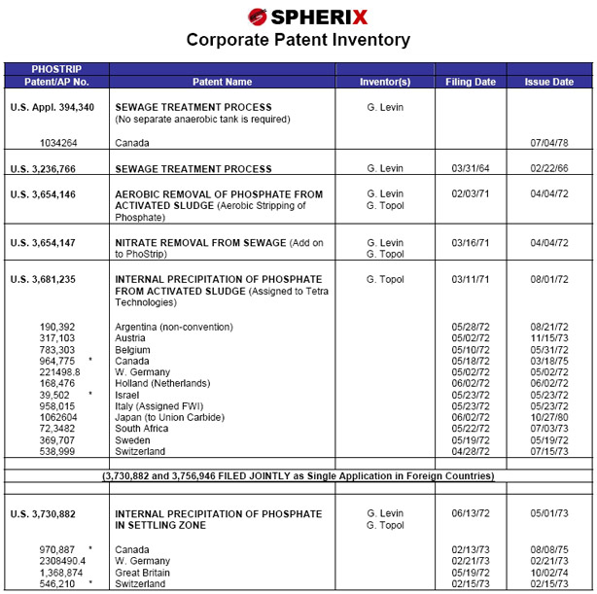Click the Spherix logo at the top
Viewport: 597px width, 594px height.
(298, 16)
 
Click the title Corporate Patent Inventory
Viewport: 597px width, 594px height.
(298, 40)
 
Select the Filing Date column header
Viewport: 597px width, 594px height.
(471, 83)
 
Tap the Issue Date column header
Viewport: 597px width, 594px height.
(549, 83)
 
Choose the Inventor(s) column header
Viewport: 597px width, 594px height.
(385, 83)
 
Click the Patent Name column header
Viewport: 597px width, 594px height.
(223, 83)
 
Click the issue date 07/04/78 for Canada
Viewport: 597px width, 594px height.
(549, 143)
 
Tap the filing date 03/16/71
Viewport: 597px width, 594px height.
(471, 243)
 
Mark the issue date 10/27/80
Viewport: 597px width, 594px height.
(549, 417)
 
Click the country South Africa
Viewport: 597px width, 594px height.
(143, 429)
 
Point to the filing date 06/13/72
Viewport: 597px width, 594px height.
(471, 512)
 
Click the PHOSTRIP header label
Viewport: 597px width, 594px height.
(56, 70)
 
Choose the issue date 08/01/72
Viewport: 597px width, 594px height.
(549, 280)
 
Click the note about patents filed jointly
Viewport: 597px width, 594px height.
(298, 476)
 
